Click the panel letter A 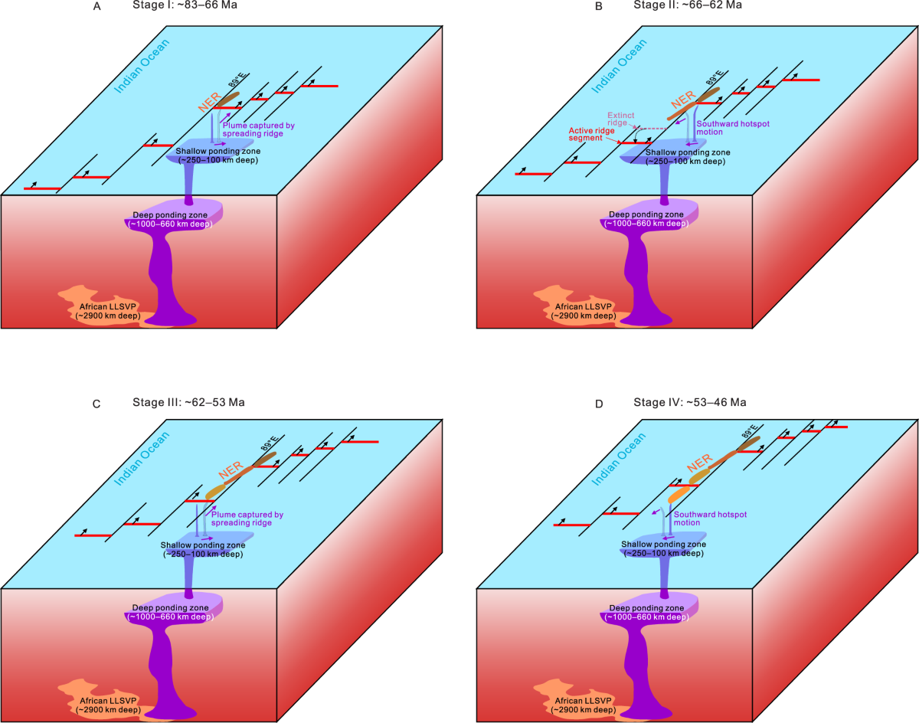click(96, 6)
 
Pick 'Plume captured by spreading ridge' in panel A click(259, 129)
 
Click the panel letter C click(96, 403)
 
